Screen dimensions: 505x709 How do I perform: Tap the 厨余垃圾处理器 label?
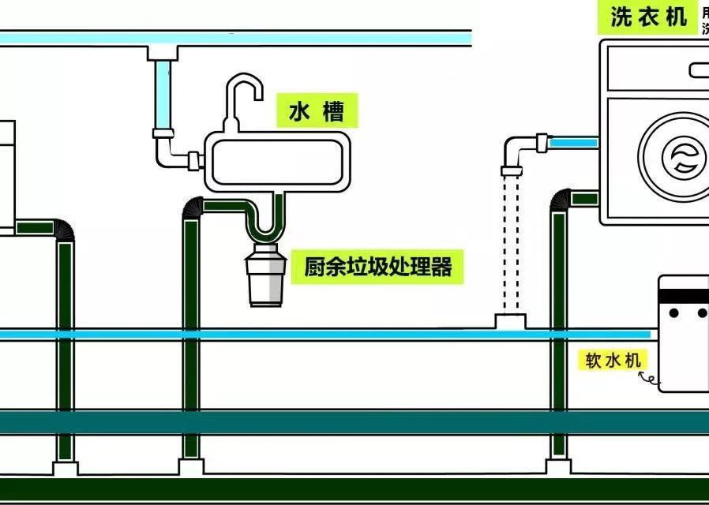(x=377, y=267)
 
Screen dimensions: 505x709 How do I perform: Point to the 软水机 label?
(x=612, y=361)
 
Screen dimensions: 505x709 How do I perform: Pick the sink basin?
(x=276, y=161)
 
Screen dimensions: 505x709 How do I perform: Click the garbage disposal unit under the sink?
(x=266, y=276)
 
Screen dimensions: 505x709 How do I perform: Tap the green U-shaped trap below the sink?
(x=264, y=225)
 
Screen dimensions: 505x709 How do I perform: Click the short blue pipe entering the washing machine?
(x=572, y=143)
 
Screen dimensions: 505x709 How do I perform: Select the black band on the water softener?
(x=684, y=296)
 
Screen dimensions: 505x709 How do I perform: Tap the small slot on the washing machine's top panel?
(x=699, y=69)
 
